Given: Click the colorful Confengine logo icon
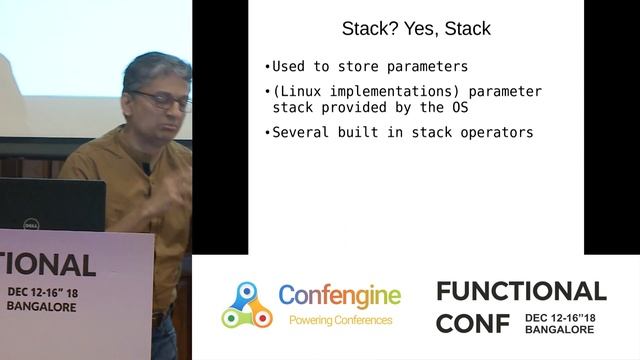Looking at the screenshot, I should click(x=246, y=305).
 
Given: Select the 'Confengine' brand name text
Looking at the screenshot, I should click(x=339, y=296).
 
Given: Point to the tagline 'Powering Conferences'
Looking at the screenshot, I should click(x=339, y=321).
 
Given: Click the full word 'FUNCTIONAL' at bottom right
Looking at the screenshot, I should click(x=521, y=291).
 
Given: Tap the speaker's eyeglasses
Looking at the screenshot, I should click(x=161, y=99).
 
